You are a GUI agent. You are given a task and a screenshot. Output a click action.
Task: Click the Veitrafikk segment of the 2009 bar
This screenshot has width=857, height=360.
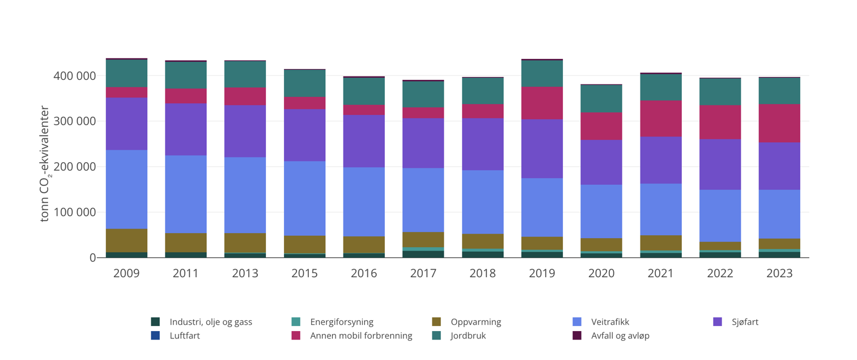click(126, 189)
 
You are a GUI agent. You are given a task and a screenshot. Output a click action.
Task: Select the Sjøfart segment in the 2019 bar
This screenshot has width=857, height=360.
click(542, 149)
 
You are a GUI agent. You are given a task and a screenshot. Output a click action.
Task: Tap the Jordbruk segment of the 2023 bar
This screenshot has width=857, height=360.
click(779, 91)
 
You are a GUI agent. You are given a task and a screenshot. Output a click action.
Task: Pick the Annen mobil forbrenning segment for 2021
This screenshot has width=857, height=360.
click(661, 118)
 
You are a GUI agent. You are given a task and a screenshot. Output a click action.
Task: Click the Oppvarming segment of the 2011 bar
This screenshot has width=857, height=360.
click(186, 243)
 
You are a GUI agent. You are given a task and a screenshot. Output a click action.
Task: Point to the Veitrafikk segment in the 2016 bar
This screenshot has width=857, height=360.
click(364, 202)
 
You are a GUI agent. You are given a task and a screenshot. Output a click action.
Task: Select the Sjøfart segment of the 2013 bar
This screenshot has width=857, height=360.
click(245, 131)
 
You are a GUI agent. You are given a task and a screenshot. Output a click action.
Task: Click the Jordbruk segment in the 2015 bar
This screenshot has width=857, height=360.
click(304, 83)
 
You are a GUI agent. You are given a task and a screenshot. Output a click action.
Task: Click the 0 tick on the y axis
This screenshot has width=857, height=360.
click(92, 258)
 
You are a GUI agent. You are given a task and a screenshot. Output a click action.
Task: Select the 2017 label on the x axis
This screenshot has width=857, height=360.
click(423, 273)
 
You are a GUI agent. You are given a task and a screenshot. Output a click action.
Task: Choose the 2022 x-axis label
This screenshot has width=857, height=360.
click(720, 273)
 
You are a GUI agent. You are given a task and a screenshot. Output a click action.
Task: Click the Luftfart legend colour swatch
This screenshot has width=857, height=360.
click(155, 336)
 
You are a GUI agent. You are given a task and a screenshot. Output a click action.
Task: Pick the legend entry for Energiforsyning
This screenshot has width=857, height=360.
click(341, 322)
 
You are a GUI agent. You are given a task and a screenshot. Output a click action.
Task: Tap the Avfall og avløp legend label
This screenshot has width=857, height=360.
click(620, 336)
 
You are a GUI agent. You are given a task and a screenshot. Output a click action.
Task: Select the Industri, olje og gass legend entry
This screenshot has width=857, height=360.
click(211, 322)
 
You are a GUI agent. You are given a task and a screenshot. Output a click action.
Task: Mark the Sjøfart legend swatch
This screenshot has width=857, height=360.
click(718, 322)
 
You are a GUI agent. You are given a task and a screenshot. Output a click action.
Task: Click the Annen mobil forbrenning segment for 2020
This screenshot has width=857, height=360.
click(601, 126)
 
